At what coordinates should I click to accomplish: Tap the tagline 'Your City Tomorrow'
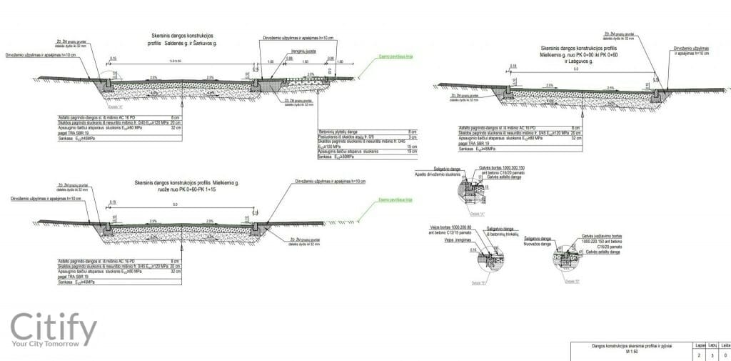pyautogui.click(x=54, y=347)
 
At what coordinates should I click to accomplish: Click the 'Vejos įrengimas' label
pyautogui.click(x=445, y=240)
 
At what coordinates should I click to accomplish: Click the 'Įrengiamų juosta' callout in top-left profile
pyautogui.click(x=294, y=51)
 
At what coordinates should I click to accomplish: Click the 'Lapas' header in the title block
pyautogui.click(x=700, y=344)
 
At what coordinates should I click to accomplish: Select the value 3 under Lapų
pyautogui.click(x=713, y=353)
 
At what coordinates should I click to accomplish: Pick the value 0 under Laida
pyautogui.click(x=725, y=353)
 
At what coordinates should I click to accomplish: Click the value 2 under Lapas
pyautogui.click(x=700, y=353)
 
